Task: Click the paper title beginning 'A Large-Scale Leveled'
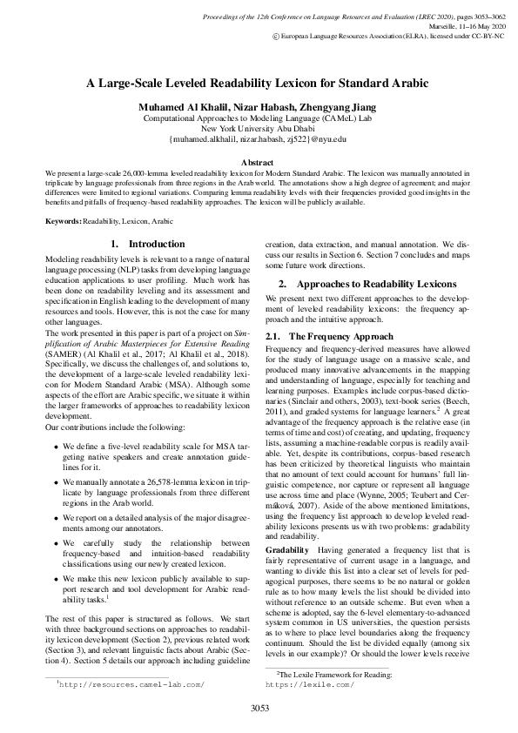tap(259, 84)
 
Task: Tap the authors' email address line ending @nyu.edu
tap(259, 139)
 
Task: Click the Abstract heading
tap(258, 163)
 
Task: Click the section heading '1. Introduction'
tap(148, 245)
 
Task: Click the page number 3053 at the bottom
tap(259, 708)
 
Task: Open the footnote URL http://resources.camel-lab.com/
tap(133, 684)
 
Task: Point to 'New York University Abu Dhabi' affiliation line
tap(259, 128)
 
